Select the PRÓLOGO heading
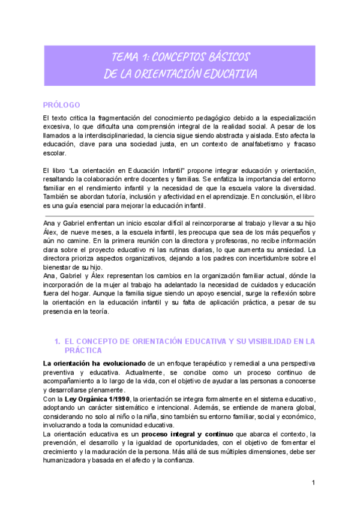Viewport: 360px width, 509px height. click(62, 105)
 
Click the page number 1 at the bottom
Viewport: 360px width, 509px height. click(313, 483)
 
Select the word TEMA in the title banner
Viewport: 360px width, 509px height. click(124, 58)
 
